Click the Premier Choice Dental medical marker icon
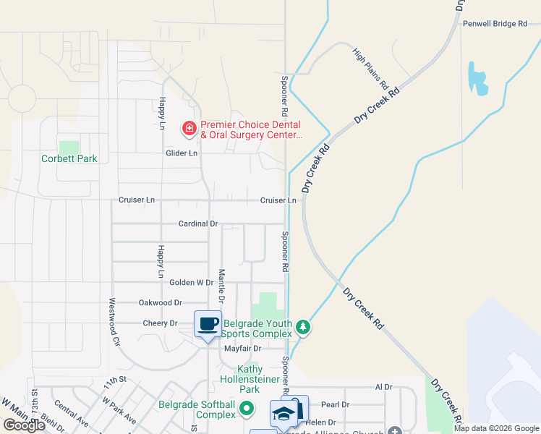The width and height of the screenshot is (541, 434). tap(189, 129)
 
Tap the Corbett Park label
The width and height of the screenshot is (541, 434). tap(69, 158)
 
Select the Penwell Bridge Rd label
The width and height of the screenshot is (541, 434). tap(495, 24)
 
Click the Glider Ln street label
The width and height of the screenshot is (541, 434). tap(182, 153)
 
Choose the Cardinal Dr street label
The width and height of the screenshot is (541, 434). tap(198, 224)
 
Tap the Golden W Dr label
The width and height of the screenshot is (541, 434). tap(191, 283)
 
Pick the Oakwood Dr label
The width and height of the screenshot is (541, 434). tap(160, 303)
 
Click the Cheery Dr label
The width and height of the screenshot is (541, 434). tap(160, 323)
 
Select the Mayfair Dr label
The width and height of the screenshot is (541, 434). tap(242, 349)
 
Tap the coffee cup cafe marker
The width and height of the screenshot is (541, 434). tap(208, 323)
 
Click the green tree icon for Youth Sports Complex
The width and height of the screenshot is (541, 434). tap(304, 328)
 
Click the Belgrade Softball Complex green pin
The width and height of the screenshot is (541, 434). tap(247, 409)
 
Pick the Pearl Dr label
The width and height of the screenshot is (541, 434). tap(335, 405)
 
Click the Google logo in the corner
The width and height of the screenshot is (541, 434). tap(24, 425)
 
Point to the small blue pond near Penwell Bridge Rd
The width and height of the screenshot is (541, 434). tap(477, 78)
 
